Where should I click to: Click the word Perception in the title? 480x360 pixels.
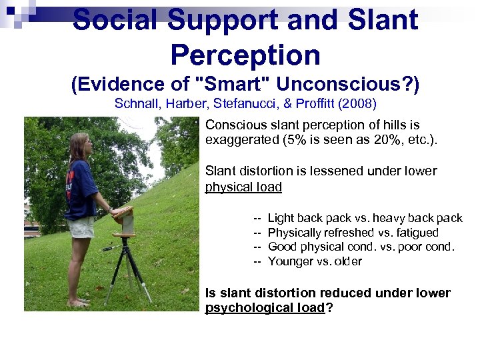point(245,55)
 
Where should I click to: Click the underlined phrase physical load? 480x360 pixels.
point(243,187)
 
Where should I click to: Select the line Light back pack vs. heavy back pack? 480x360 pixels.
point(365,218)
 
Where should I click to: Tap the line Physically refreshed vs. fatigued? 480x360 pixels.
point(353,233)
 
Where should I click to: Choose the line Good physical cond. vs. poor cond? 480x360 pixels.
point(361,247)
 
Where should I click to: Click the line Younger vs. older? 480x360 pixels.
point(315,261)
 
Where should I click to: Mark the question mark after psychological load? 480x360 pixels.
point(329,307)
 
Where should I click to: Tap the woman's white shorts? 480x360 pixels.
point(81,227)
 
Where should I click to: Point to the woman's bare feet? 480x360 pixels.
point(79,302)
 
